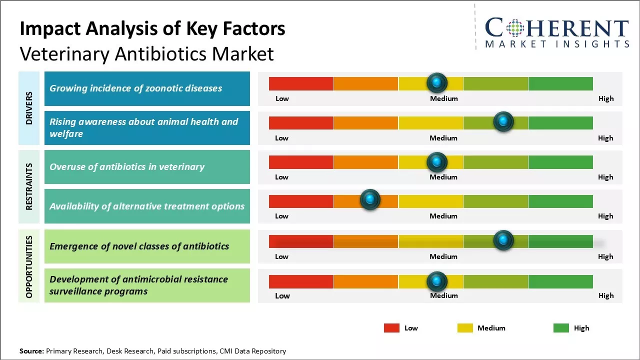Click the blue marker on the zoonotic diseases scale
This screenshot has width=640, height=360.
[x=437, y=82]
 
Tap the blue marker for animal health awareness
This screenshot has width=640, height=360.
[x=503, y=121]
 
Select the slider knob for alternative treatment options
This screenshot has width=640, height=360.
[x=370, y=200]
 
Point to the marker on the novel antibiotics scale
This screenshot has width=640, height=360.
[x=503, y=240]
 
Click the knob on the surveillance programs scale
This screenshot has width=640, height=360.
[x=437, y=281]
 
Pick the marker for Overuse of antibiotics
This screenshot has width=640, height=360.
[x=437, y=161]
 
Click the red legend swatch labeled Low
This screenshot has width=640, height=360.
[x=391, y=328]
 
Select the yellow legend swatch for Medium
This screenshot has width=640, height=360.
[x=465, y=328]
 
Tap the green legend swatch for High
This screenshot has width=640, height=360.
[x=561, y=328]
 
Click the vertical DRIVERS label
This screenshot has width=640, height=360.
[x=29, y=108]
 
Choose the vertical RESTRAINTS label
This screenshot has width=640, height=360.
[x=29, y=186]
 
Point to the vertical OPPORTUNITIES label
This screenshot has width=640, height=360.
[x=29, y=266]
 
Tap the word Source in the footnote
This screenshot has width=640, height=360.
[x=31, y=351]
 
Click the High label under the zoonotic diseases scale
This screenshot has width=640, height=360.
[x=606, y=98]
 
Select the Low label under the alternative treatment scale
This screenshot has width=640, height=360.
[x=281, y=216]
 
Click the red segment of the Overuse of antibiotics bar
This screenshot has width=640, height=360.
[x=301, y=162]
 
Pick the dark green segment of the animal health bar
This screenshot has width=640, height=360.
[x=560, y=122]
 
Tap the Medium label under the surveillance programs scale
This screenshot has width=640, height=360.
[x=443, y=295]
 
